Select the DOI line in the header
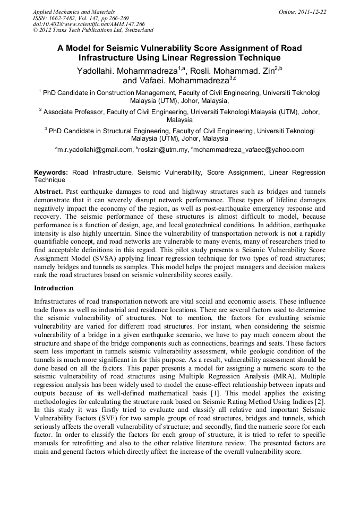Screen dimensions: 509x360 click(89, 24)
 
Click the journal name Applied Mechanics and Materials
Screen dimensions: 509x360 click(73, 12)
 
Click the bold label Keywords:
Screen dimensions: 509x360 click(51, 173)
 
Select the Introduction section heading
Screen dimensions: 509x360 click(54, 288)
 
